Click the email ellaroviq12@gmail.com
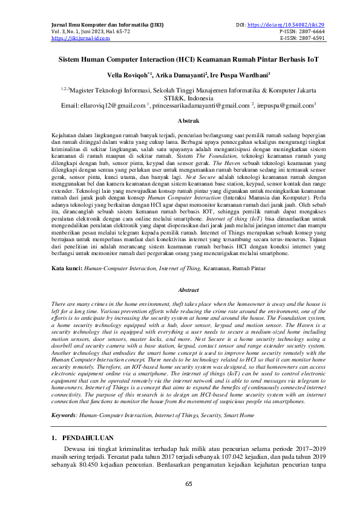tap(115, 105)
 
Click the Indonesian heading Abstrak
tap(180, 121)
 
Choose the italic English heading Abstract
tap(180, 290)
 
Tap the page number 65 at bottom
tap(180, 484)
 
